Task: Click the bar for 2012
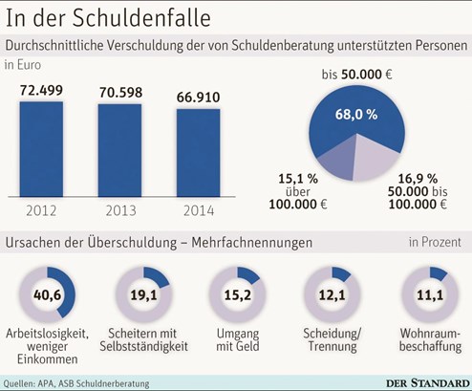[41, 149]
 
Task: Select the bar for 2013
[119, 150]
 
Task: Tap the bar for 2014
[199, 153]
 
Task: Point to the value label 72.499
[41, 91]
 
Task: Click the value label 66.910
[199, 98]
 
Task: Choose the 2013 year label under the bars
[120, 211]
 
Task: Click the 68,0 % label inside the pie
[356, 115]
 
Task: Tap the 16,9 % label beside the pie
[418, 179]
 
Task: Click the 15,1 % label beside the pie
[298, 179]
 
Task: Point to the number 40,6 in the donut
[47, 295]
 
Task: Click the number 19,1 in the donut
[143, 295]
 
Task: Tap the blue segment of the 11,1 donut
[439, 273]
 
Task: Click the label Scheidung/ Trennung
[333, 339]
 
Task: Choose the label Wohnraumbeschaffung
[430, 339]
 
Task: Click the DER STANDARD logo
[427, 383]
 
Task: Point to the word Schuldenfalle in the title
[141, 18]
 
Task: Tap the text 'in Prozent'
[435, 242]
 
